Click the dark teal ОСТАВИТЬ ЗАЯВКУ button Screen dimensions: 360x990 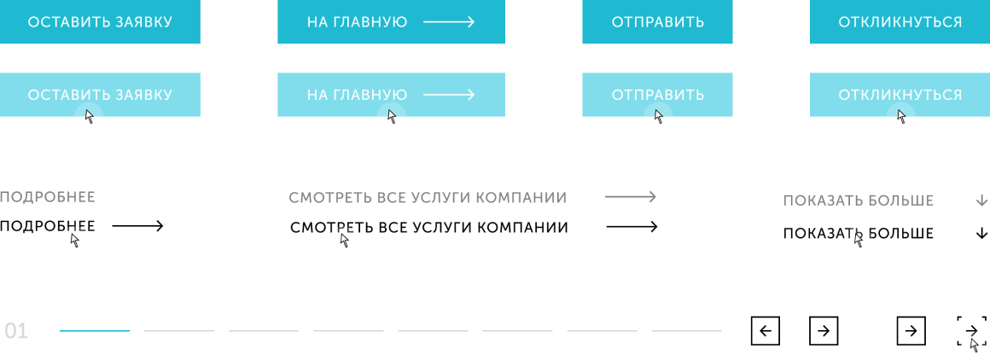(100, 22)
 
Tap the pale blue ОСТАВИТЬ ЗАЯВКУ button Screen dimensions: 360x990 (100, 95)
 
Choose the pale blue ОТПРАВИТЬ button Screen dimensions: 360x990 (657, 95)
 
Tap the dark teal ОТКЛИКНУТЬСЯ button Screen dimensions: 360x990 (900, 22)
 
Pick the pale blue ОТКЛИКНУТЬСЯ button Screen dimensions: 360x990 (900, 95)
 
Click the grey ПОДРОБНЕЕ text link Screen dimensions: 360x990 (48, 198)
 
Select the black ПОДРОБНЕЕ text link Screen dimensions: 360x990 (48, 226)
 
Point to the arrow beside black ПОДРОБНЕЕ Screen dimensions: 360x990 (137, 226)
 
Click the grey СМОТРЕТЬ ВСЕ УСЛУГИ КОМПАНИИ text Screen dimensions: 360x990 (428, 198)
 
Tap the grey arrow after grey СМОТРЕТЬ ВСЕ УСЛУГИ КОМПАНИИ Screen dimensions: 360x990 (631, 198)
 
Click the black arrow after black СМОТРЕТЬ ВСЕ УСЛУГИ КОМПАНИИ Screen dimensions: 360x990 (632, 227)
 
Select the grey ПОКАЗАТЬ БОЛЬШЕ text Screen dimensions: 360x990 (859, 201)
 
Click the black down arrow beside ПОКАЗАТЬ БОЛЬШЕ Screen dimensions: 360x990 (981, 233)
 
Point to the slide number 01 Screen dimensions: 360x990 (16, 331)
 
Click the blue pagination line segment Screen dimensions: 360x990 (95, 330)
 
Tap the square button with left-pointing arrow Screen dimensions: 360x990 (766, 331)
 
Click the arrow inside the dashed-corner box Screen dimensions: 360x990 (971, 330)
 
